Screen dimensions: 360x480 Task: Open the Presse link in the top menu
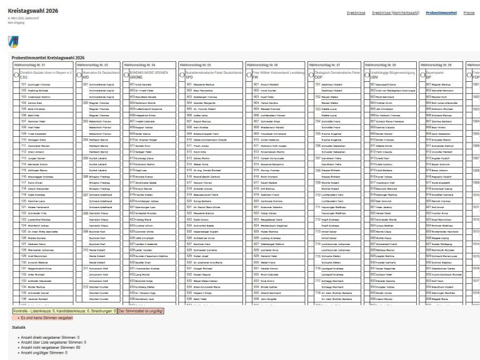click(469, 12)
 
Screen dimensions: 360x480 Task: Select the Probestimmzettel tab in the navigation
click(442, 12)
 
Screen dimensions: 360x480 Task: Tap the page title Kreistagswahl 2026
click(33, 12)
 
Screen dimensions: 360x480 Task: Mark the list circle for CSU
click(17, 74)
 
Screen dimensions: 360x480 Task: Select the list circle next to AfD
click(79, 74)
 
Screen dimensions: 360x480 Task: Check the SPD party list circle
click(181, 74)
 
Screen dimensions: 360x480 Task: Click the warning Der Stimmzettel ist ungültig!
click(141, 311)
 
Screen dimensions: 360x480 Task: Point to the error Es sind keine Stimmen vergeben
click(44, 318)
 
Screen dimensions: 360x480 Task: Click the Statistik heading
click(19, 327)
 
